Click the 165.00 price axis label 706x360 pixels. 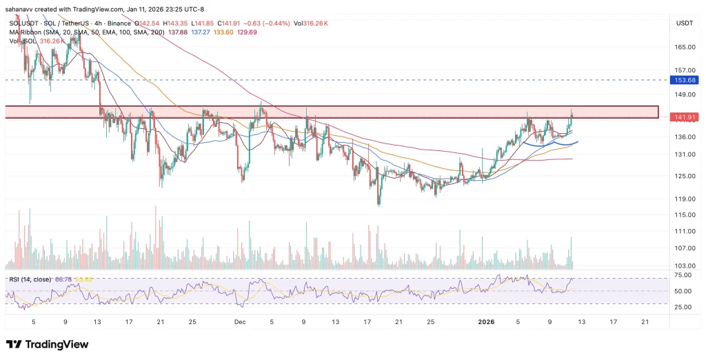(x=683, y=47)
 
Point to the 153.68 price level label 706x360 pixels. (x=683, y=81)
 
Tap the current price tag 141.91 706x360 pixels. (x=683, y=117)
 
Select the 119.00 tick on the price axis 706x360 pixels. (x=683, y=199)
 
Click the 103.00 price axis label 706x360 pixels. (x=683, y=266)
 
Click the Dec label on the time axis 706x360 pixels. (x=239, y=322)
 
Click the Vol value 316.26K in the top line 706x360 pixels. (x=318, y=23)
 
